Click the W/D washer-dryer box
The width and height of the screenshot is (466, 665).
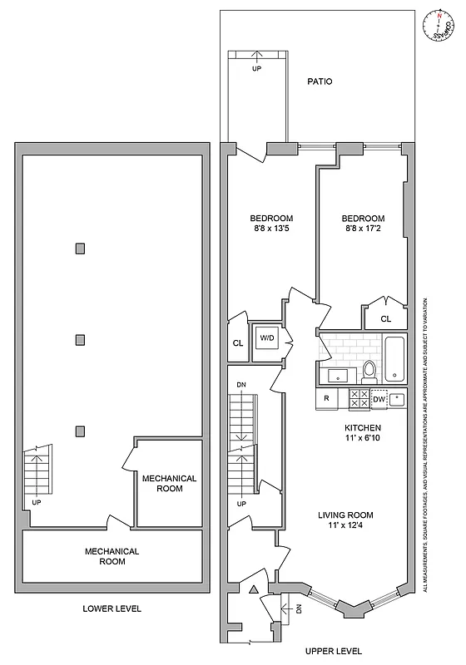[x=267, y=338]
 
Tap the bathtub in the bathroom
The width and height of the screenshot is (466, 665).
[x=394, y=357]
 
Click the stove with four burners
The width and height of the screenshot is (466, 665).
[x=359, y=399]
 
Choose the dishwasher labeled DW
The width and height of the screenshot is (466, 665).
[x=379, y=400]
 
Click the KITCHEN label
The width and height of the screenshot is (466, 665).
[x=363, y=428]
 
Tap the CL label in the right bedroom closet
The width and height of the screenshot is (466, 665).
[x=385, y=318]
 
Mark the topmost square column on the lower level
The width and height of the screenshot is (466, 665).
[x=80, y=248]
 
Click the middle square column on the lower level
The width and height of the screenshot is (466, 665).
[x=80, y=339]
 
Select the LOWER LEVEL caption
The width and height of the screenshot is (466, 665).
[x=112, y=608]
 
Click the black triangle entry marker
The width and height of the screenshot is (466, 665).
[x=253, y=589]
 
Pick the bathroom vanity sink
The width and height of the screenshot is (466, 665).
[x=339, y=375]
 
